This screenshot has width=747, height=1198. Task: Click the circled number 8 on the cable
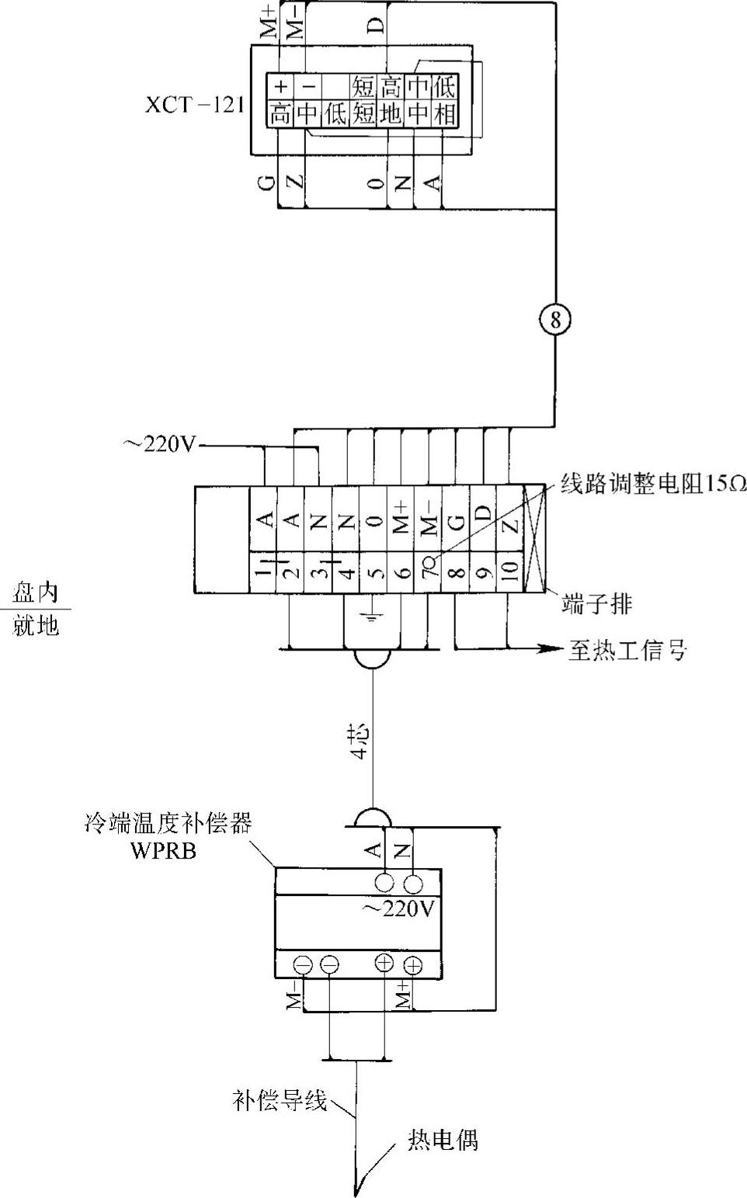point(554,320)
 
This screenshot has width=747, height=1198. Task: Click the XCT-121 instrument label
point(194,105)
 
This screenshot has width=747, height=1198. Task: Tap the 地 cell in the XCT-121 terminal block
point(391,114)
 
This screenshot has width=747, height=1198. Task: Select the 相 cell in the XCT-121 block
point(444,114)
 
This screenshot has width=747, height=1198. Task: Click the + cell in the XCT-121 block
point(281,85)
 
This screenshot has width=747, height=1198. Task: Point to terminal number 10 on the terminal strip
point(509,571)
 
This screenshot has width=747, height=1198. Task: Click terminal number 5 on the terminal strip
point(375,572)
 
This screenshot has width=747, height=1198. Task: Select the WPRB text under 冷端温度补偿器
point(164,850)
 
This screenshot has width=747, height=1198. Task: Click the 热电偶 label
point(443,1139)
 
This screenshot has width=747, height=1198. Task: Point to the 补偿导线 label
point(280,1100)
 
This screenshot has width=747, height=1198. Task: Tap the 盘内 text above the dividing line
point(36,593)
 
